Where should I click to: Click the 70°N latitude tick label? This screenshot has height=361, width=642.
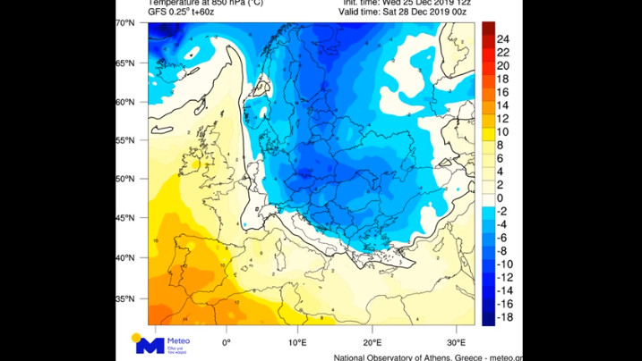point(125,23)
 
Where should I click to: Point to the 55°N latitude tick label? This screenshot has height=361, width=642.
point(125,139)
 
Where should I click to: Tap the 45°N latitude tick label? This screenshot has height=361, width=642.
point(125,217)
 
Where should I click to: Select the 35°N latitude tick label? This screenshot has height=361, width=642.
point(125,298)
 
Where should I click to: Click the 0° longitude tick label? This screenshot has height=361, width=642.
point(227,341)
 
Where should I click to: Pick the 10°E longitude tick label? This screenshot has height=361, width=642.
point(297,341)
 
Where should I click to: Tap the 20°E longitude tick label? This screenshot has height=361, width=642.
point(372,341)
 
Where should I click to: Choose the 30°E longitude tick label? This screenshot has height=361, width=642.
point(457,341)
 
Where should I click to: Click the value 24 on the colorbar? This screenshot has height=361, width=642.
point(503,39)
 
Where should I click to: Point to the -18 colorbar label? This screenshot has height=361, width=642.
point(504,317)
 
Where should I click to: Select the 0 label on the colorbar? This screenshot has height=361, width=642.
point(501,197)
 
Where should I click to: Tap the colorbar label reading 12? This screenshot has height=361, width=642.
point(503,119)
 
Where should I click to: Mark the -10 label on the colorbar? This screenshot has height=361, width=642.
point(504,264)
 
